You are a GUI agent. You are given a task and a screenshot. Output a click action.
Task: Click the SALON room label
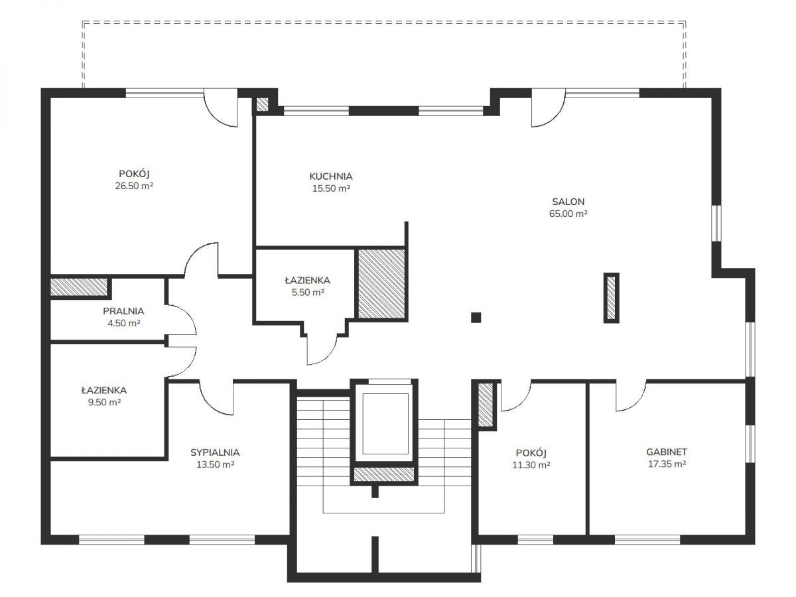tap(568, 202)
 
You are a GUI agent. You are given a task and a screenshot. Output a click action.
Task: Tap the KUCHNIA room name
tap(331, 176)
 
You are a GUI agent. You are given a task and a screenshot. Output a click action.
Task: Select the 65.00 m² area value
tap(568, 214)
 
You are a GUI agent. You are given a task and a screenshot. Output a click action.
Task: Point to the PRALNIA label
tap(123, 311)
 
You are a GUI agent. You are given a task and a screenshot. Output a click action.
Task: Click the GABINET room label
tap(667, 452)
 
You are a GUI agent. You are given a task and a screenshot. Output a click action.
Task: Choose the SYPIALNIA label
tap(215, 452)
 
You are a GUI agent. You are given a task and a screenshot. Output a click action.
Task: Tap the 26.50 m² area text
tap(134, 186)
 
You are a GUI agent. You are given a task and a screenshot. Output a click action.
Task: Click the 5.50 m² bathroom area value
tap(308, 292)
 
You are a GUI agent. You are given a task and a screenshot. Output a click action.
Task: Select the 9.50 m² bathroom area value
tap(104, 402)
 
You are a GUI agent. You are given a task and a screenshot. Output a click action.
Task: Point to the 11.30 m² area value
tap(531, 465)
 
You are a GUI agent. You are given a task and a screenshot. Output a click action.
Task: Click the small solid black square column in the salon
tap(476, 318)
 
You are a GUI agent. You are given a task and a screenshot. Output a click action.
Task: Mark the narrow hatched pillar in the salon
tap(611, 298)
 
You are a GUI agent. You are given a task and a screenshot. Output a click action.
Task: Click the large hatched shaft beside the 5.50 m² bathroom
tap(381, 284)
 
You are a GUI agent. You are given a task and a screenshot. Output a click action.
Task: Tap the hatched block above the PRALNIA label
tap(79, 287)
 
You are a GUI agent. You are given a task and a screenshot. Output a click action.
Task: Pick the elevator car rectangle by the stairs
tap(385, 424)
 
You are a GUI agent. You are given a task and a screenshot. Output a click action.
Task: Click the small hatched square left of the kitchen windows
tap(262, 104)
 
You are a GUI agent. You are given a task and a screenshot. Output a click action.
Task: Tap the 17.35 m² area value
tap(667, 464)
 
